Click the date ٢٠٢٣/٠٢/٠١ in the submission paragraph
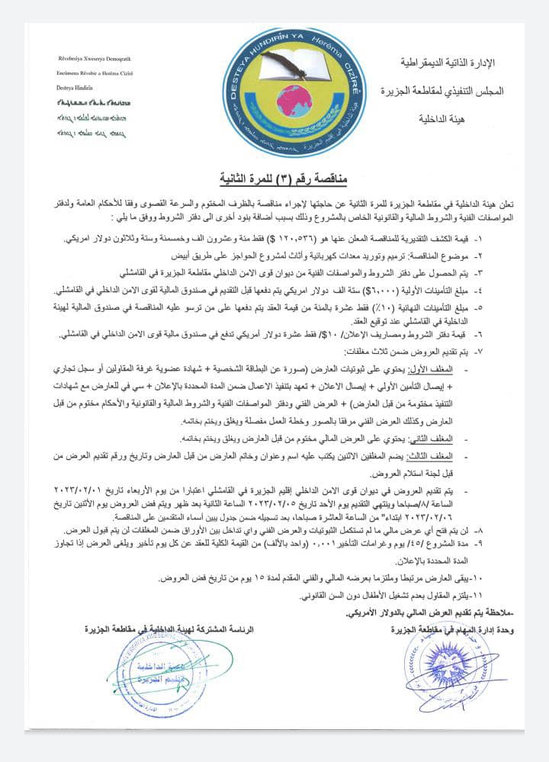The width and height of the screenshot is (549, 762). pyautogui.click(x=92, y=488)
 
